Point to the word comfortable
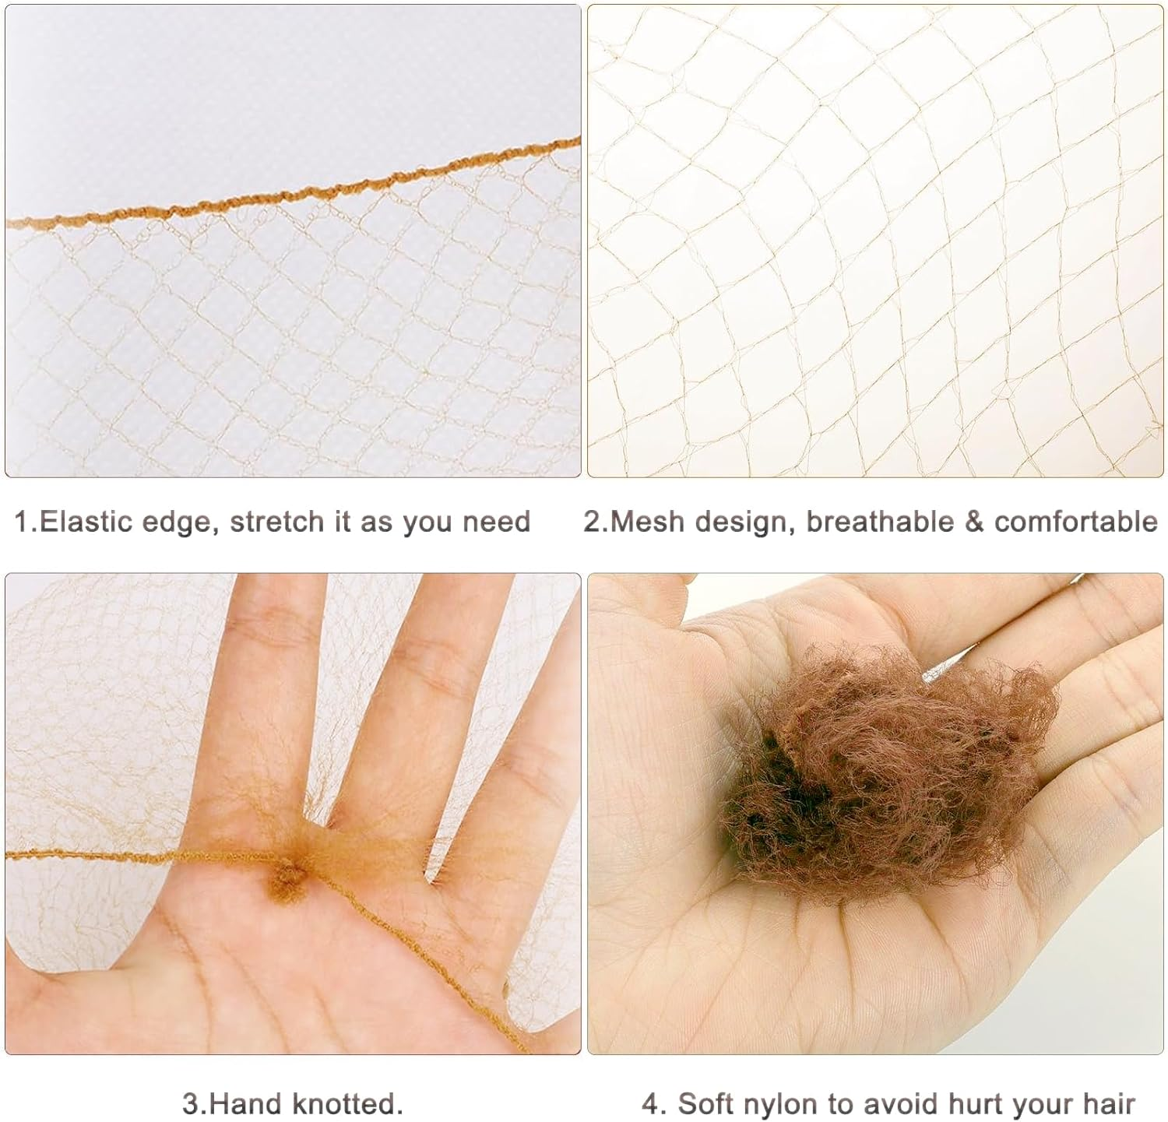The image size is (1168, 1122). [1076, 522]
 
